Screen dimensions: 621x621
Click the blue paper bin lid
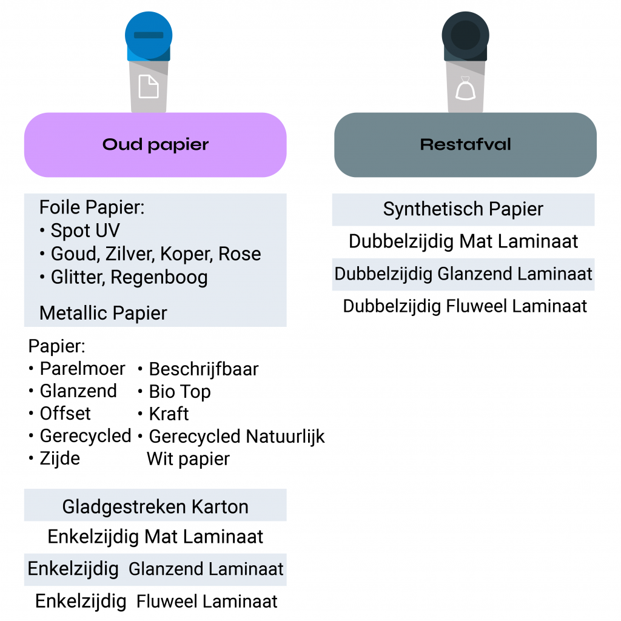click(x=149, y=36)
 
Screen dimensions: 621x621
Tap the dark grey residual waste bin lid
click(x=465, y=36)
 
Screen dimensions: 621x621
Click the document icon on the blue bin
click(x=149, y=86)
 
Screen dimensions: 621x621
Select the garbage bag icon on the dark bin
click(x=465, y=88)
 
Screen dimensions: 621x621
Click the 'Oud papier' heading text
click(x=155, y=145)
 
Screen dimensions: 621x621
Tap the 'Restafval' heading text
click(x=465, y=144)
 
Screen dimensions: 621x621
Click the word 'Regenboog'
click(x=159, y=277)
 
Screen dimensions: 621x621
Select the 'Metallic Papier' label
click(x=103, y=313)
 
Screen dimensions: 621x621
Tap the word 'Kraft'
click(x=169, y=414)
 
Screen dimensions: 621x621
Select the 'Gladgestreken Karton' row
click(x=155, y=506)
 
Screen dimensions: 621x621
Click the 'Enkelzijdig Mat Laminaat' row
click(x=155, y=537)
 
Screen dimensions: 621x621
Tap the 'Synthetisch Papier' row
click(x=463, y=209)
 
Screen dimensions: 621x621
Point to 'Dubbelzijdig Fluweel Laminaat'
click(x=465, y=306)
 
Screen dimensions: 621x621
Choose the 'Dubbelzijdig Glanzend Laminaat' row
click(x=463, y=274)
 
